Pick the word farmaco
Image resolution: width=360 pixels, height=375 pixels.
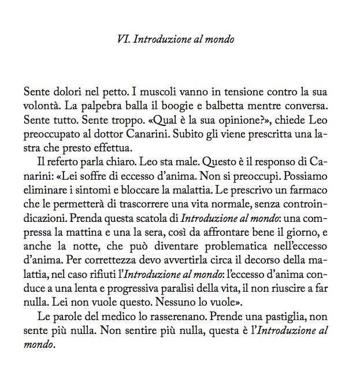point(312,184)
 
